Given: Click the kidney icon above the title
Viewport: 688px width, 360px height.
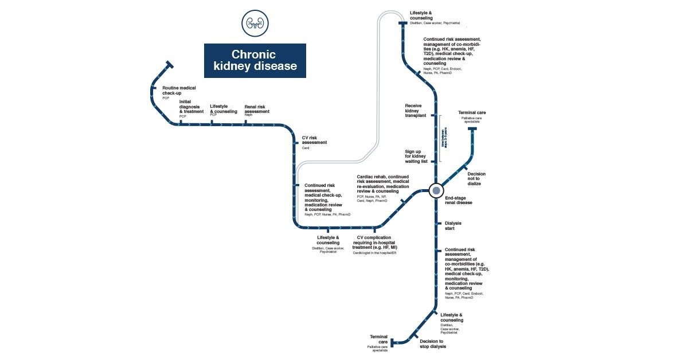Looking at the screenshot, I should pyautogui.click(x=254, y=23).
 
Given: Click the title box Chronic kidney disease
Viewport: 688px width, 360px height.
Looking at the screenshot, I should pyautogui.click(x=254, y=60).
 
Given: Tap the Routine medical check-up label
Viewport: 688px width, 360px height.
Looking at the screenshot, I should pyautogui.click(x=178, y=90).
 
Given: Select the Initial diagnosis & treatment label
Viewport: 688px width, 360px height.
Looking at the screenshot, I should pyautogui.click(x=191, y=107).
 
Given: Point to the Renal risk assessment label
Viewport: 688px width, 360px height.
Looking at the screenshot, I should pyautogui.click(x=256, y=109).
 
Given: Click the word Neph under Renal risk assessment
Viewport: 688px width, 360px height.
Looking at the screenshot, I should pyautogui.click(x=248, y=115).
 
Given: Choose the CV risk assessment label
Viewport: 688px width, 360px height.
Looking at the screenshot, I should pyautogui.click(x=314, y=140).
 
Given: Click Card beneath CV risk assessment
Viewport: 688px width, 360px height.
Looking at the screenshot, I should pyautogui.click(x=306, y=148).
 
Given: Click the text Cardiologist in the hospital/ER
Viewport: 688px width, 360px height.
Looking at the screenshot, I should pyautogui.click(x=374, y=252).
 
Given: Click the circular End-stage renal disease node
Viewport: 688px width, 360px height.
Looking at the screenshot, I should pyautogui.click(x=436, y=190).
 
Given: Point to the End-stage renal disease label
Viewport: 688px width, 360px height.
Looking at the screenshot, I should pyautogui.click(x=458, y=201).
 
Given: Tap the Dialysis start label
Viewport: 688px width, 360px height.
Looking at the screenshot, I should pyautogui.click(x=453, y=226).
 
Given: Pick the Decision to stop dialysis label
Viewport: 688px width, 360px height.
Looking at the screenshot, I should pyautogui.click(x=432, y=344).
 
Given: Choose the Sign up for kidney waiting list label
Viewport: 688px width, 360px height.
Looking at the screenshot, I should pyautogui.click(x=416, y=156).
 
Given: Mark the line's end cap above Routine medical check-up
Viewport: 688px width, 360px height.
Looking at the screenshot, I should pyautogui.click(x=168, y=64).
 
